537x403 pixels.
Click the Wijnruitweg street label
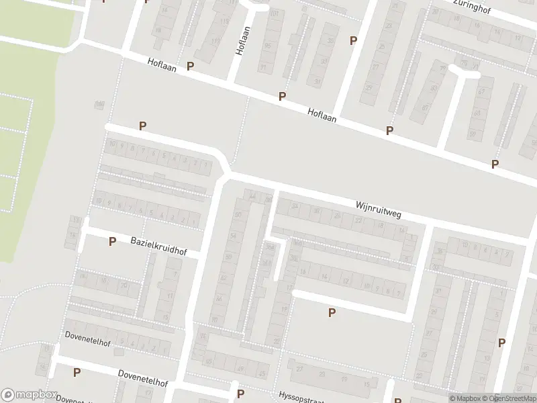click(378, 208)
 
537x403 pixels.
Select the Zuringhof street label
click(475, 10)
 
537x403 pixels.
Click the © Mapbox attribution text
click(465, 398)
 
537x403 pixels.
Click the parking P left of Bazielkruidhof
click(112, 241)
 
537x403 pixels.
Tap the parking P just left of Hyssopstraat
click(240, 394)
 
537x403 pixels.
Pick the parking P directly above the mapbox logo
click(77, 372)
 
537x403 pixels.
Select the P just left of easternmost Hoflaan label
click(283, 97)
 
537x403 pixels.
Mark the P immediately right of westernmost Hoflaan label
click(191, 66)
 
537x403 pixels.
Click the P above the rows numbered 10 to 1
click(142, 126)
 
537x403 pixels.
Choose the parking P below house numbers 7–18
click(331, 312)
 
